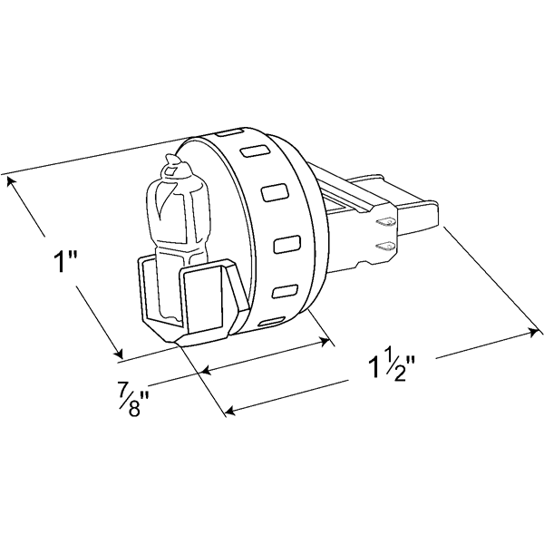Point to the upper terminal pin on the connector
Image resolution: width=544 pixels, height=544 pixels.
(384, 222)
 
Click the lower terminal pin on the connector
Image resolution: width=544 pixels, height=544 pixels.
(385, 246)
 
